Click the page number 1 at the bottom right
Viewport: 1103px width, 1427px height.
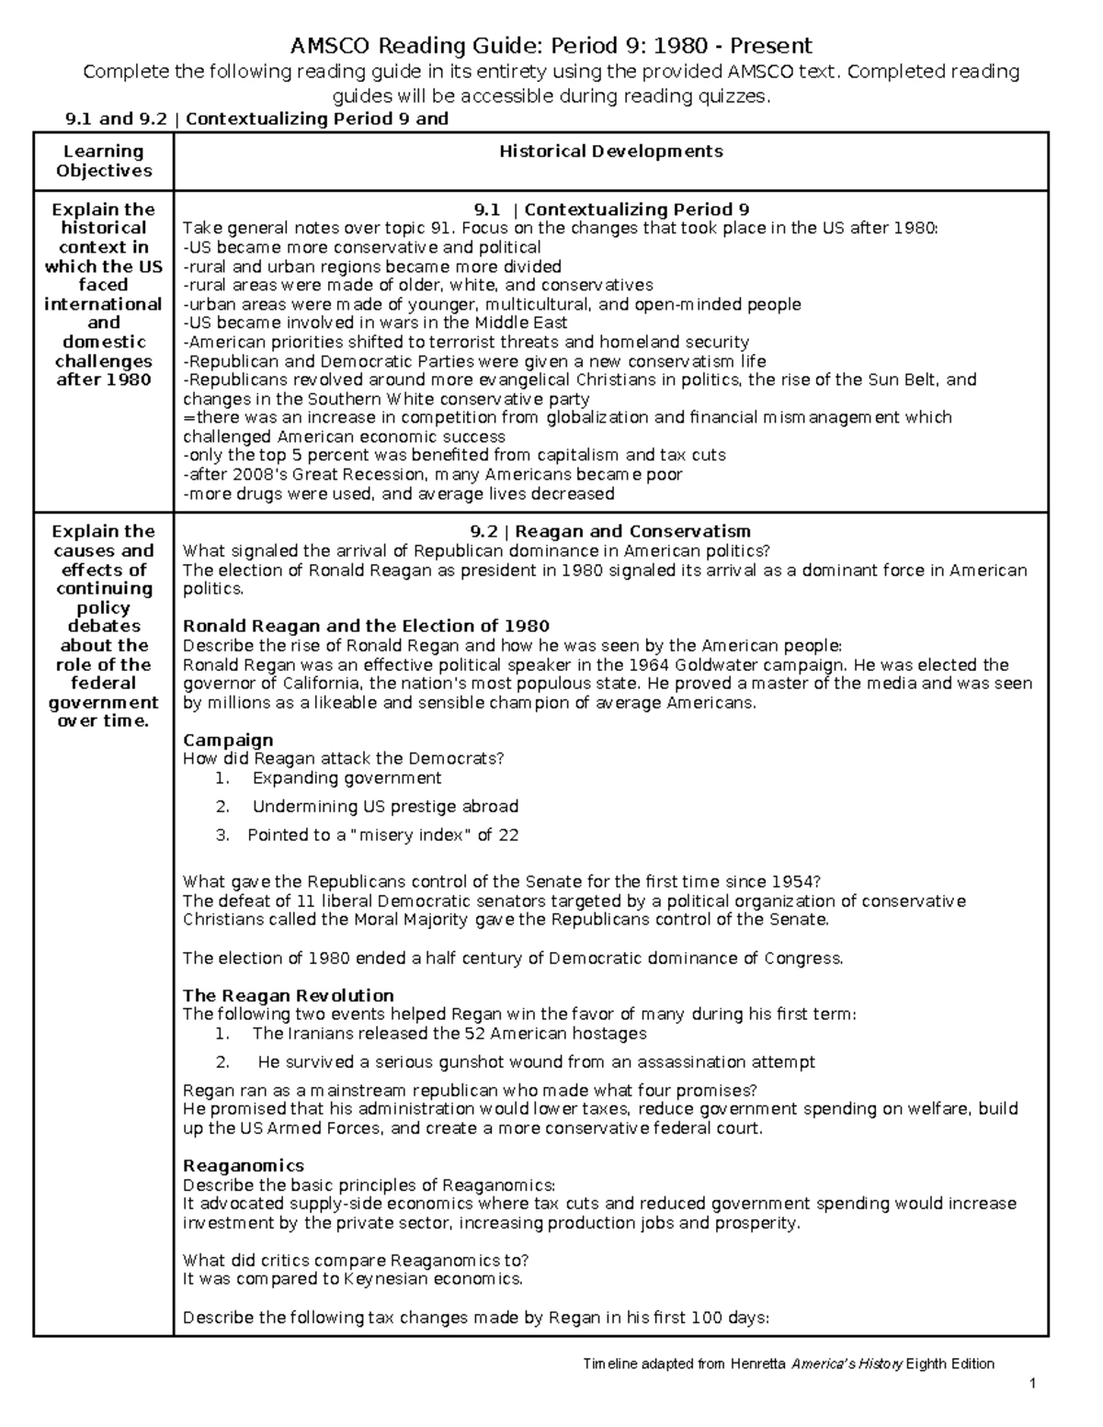[1034, 1384]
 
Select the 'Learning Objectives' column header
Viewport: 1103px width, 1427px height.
[103, 161]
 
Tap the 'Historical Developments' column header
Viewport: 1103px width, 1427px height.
[610, 152]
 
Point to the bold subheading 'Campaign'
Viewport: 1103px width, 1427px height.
[228, 740]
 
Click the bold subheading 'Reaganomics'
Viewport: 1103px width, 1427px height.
[243, 1165]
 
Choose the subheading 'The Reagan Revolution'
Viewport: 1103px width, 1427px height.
[288, 995]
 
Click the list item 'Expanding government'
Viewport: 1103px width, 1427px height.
[347, 778]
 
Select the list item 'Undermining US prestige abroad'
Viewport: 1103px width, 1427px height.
[385, 807]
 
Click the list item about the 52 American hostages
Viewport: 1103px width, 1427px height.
[449, 1034]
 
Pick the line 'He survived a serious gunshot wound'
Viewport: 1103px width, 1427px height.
[536, 1062]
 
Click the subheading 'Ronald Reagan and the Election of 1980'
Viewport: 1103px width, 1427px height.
[366, 627]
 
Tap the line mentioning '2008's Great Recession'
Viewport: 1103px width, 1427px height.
[432, 475]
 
